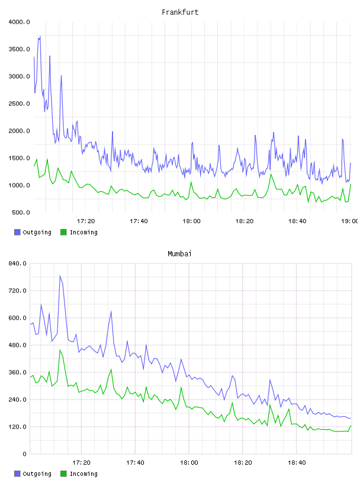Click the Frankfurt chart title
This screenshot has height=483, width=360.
point(180,12)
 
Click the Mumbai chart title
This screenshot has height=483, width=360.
point(179,254)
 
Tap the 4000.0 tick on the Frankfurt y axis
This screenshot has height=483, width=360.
point(19,22)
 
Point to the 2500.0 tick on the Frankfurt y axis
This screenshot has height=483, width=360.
point(19,104)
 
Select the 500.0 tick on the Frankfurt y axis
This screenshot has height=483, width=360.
point(21,212)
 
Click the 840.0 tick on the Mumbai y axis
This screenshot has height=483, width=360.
point(17,263)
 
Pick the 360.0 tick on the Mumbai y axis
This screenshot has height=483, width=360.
point(17,372)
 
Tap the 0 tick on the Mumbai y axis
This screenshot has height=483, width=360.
point(24,454)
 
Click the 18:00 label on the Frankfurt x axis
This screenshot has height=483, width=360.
point(191,221)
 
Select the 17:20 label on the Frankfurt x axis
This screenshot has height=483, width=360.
point(86,221)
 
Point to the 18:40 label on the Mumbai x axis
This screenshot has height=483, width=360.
point(297,463)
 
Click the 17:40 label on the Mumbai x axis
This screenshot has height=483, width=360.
point(135,463)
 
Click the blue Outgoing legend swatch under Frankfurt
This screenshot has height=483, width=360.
point(17,232)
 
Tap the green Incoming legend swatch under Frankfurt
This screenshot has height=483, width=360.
point(63,232)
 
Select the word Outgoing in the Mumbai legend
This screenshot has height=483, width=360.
point(37,474)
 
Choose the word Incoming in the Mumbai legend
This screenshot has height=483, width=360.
point(83,474)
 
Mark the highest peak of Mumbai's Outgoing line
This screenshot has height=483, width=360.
point(60,276)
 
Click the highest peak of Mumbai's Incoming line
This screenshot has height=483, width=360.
point(60,350)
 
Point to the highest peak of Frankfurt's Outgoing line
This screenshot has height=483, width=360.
point(40,36)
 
